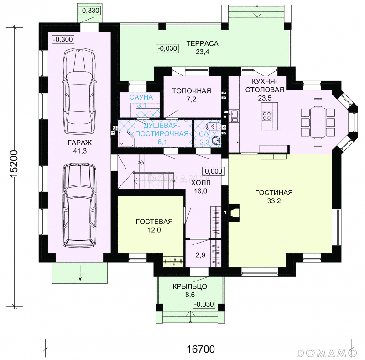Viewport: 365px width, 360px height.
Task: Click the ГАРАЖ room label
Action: click(x=80, y=143)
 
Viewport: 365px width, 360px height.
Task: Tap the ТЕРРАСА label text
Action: click(x=202, y=43)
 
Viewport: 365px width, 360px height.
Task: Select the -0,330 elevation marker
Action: click(x=89, y=11)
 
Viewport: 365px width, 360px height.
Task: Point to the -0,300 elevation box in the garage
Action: click(x=63, y=39)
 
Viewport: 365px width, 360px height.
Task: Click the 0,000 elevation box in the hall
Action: click(x=214, y=171)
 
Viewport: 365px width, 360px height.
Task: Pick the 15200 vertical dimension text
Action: click(x=14, y=164)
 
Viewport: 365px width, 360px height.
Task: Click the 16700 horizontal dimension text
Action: click(x=201, y=349)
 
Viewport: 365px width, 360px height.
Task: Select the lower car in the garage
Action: click(x=79, y=206)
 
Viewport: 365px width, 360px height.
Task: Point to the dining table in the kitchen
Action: click(x=318, y=122)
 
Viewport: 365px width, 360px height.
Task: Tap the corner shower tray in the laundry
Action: click(x=126, y=139)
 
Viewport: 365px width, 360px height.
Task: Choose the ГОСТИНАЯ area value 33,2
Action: click(x=274, y=201)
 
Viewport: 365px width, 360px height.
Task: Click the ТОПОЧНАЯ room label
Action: click(x=192, y=91)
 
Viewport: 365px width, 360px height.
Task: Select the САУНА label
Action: click(x=141, y=97)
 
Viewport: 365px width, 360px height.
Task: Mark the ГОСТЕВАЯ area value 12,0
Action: click(x=154, y=230)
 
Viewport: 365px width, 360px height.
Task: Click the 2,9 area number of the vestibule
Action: click(x=200, y=255)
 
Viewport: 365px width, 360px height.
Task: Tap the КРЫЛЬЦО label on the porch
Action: click(x=190, y=286)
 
